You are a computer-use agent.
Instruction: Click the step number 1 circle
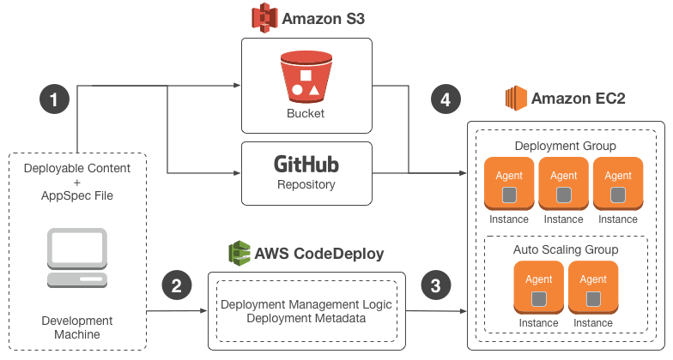54,99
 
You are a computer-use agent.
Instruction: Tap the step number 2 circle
176,286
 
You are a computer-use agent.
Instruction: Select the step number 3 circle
435,286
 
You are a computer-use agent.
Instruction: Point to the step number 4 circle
445,99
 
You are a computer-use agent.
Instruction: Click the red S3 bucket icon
306,76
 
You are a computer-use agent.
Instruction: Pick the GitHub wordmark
306,163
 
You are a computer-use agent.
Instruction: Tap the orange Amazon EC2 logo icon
516,99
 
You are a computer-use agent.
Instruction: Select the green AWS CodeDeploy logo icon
239,254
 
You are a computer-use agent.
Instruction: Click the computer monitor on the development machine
77,248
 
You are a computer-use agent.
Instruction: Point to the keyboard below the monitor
77,280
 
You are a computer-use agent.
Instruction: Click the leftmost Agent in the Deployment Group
509,183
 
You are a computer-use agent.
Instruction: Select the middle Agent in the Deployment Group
563,183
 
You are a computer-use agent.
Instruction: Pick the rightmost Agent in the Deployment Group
618,183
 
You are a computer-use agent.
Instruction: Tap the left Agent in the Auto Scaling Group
538,286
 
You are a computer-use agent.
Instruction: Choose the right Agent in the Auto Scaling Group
593,286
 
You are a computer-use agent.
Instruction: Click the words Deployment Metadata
306,319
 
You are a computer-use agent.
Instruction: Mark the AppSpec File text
77,195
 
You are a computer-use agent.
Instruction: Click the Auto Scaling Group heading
566,249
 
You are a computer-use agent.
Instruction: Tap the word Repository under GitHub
306,184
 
